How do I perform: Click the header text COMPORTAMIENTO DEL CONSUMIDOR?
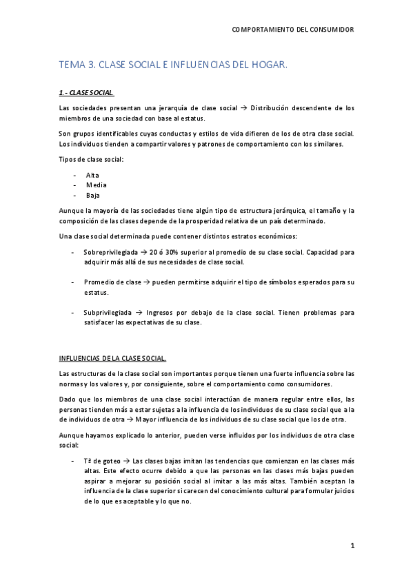click(x=292, y=30)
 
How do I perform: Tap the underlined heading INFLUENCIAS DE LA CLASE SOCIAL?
click(x=112, y=358)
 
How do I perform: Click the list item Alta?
click(x=92, y=175)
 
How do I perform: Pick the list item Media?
click(x=96, y=185)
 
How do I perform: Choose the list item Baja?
click(x=93, y=195)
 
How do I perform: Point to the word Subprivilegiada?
click(x=108, y=312)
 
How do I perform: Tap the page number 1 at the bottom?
click(x=352, y=546)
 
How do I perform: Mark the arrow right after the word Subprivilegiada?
click(x=139, y=312)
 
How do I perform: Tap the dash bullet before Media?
click(x=74, y=185)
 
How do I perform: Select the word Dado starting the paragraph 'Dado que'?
click(x=68, y=399)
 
